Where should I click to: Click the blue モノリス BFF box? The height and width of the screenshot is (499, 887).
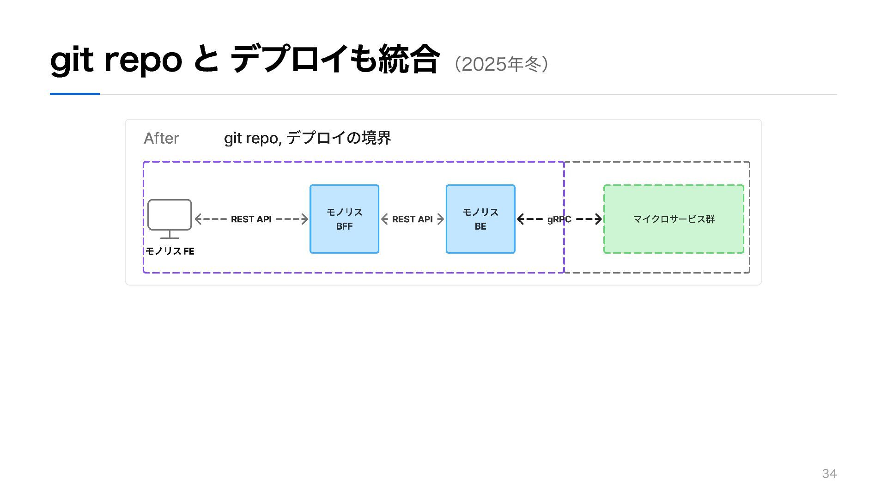click(x=344, y=219)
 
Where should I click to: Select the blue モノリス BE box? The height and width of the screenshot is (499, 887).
click(x=480, y=219)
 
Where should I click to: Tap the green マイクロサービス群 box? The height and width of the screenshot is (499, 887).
click(x=674, y=219)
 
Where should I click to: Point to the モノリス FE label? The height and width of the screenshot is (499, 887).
click(x=170, y=251)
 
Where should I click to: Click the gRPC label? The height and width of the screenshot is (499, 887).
click(x=559, y=219)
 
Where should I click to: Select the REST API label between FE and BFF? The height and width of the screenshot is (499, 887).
click(x=251, y=219)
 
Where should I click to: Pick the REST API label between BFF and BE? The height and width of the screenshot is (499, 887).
click(x=413, y=219)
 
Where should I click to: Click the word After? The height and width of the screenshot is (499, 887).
click(x=161, y=138)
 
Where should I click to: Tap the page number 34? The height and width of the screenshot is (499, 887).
click(x=829, y=474)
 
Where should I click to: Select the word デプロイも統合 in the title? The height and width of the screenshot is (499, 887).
click(x=334, y=59)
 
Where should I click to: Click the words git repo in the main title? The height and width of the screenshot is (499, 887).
click(x=116, y=61)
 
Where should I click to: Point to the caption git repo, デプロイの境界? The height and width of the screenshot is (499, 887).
click(x=308, y=138)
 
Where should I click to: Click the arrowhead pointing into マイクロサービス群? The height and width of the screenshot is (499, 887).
click(x=599, y=219)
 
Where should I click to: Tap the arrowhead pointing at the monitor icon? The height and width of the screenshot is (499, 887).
click(x=198, y=219)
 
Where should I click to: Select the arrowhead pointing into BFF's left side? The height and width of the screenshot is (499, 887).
click(x=305, y=219)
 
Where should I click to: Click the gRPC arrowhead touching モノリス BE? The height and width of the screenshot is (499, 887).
click(x=521, y=219)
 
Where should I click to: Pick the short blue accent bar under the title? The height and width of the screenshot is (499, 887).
click(x=75, y=94)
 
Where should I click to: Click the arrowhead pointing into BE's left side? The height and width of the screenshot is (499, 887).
click(x=441, y=219)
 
